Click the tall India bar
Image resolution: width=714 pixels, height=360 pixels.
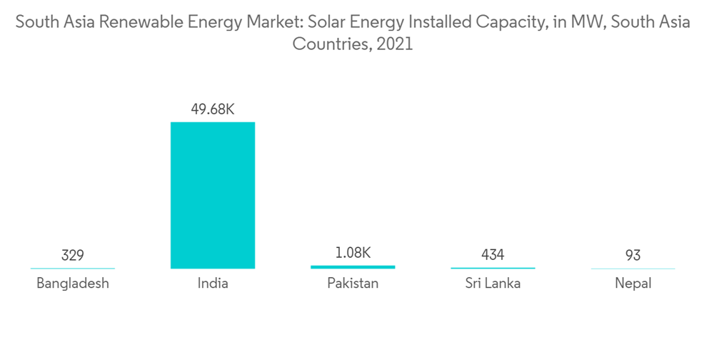click(212, 195)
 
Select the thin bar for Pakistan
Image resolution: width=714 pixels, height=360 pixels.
click(353, 267)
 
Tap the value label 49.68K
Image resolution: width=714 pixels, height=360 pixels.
click(213, 109)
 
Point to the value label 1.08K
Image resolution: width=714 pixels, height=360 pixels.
click(353, 252)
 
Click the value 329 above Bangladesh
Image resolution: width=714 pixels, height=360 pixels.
click(72, 255)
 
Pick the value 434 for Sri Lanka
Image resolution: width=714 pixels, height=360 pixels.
click(493, 255)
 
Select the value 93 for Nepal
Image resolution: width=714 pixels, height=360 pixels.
click(633, 255)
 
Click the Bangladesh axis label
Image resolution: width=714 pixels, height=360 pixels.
click(72, 284)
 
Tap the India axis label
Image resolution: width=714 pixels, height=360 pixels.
click(213, 284)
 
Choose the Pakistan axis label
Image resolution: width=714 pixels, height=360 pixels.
click(353, 284)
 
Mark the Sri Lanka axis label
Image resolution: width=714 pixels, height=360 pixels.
click(493, 284)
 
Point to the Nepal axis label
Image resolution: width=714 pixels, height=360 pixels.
click(633, 284)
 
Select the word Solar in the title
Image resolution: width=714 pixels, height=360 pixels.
click(325, 22)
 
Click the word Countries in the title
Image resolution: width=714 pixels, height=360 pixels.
click(329, 44)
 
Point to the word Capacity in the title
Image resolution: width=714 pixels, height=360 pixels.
click(503, 22)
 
